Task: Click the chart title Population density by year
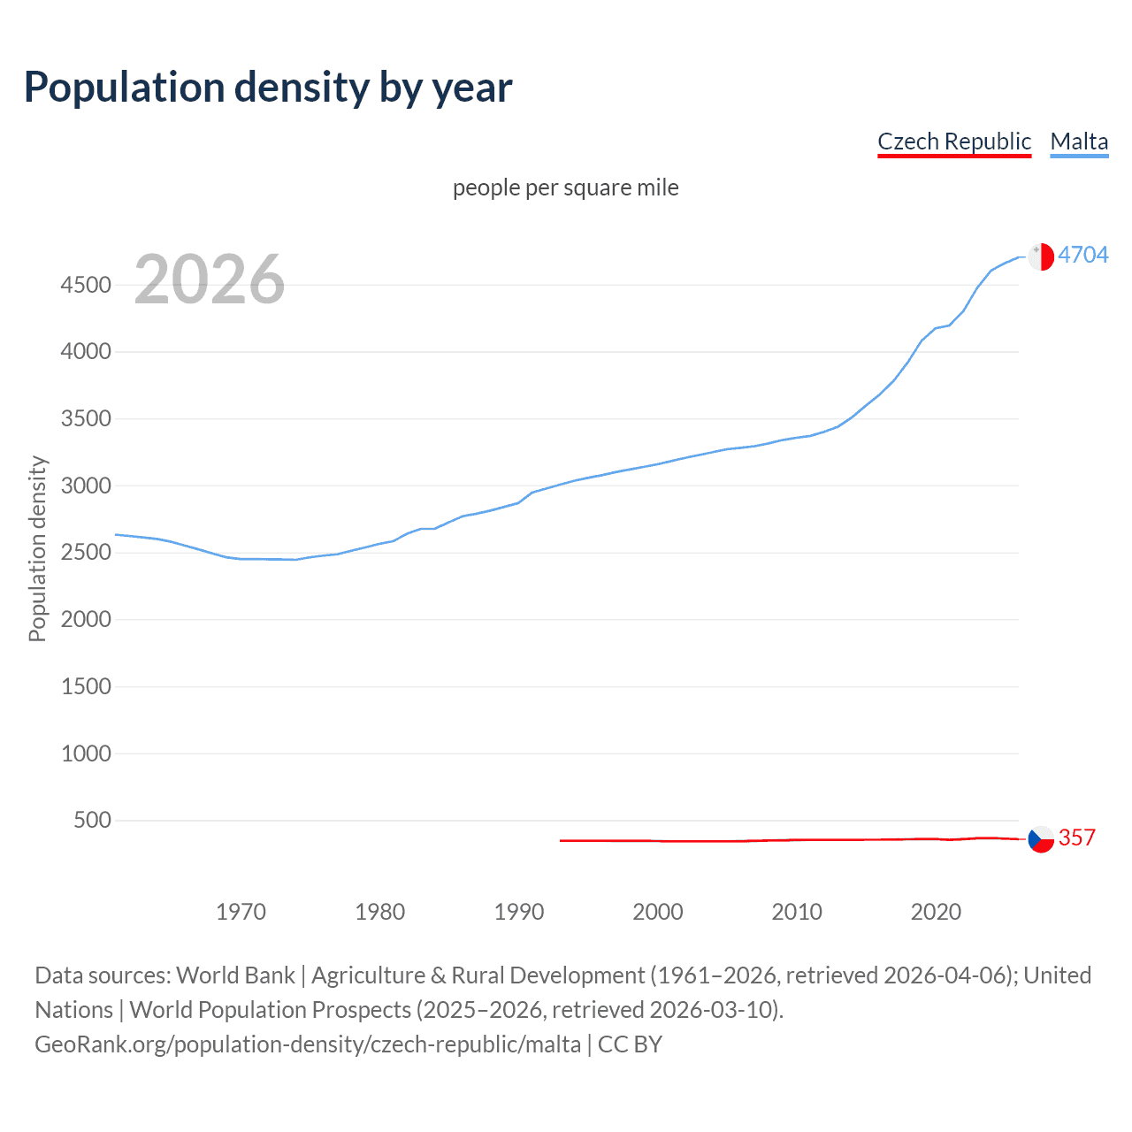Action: [x=268, y=88]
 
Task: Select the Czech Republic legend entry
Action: [x=953, y=141]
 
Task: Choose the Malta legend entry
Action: [x=1079, y=141]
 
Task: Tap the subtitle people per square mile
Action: [x=566, y=187]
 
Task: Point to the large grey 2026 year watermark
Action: [x=210, y=279]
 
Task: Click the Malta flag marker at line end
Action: [x=1041, y=256]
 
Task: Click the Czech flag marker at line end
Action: [x=1041, y=838]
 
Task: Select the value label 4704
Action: [x=1082, y=255]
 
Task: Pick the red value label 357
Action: [x=1076, y=838]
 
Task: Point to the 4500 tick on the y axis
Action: [x=86, y=285]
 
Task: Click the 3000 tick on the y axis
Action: [x=86, y=486]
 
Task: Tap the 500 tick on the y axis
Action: [x=92, y=820]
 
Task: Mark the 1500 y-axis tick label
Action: [x=86, y=686]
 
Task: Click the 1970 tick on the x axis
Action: [x=241, y=912]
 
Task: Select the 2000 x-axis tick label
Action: [x=658, y=912]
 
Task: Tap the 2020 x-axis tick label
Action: [x=936, y=912]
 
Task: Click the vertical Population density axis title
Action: [x=37, y=548]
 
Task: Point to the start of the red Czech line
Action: [x=562, y=840]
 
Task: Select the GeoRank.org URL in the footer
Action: [x=308, y=1044]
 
